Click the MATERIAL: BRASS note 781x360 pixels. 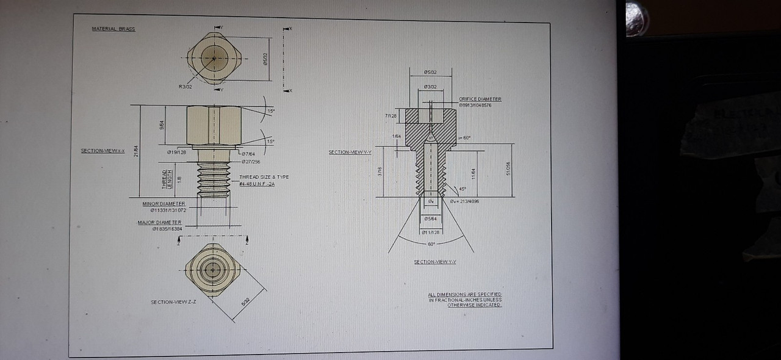point(113,29)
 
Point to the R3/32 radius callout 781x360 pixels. point(185,87)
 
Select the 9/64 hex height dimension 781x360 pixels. point(161,126)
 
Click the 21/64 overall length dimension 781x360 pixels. point(137,151)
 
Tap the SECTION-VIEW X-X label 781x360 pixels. point(103,151)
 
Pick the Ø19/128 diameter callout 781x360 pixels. point(176,152)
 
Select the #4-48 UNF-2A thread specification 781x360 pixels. point(257,184)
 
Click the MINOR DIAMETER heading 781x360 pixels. point(164,203)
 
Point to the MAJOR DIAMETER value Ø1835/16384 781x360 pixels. point(167,229)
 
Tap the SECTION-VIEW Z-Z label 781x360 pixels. point(173,302)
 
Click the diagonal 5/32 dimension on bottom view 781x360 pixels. point(245,301)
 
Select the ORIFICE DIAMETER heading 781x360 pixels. point(480,99)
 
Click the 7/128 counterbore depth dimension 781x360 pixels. point(391,115)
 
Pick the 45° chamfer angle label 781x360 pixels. point(462,189)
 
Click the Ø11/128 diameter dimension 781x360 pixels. point(431,232)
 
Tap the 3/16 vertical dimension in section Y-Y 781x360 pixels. point(380,172)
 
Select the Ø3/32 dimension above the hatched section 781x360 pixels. point(431,87)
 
